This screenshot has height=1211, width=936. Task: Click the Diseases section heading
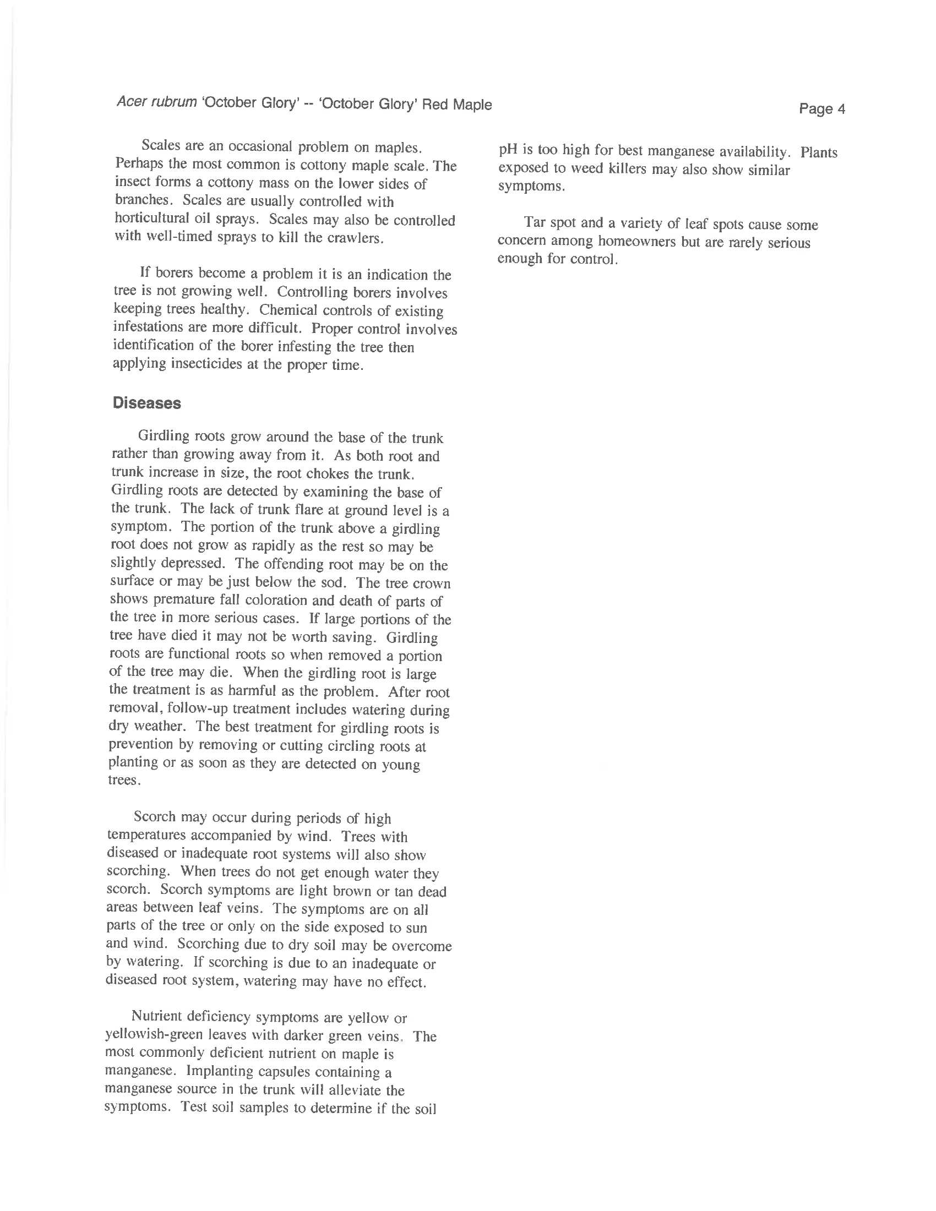(147, 403)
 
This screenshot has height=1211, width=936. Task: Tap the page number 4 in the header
(841, 109)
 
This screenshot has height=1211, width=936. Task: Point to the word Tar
(535, 223)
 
